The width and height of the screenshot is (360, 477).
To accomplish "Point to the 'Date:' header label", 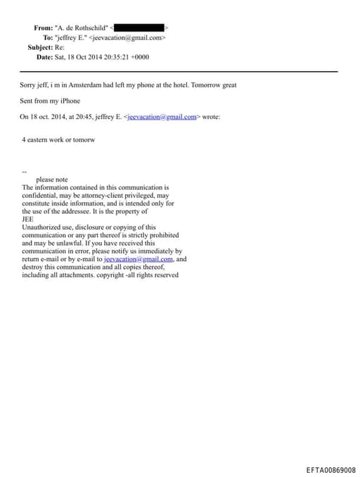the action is coord(45,57).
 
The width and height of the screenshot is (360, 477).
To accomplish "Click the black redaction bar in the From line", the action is coord(143,27).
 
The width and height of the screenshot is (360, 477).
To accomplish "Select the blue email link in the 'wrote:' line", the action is coord(163,117).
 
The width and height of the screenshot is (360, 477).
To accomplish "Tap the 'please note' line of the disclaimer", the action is coord(51,179).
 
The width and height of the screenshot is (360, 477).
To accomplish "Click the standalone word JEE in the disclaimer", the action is coord(28,219).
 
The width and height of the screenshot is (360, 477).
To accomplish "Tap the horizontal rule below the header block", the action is coord(179,72).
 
